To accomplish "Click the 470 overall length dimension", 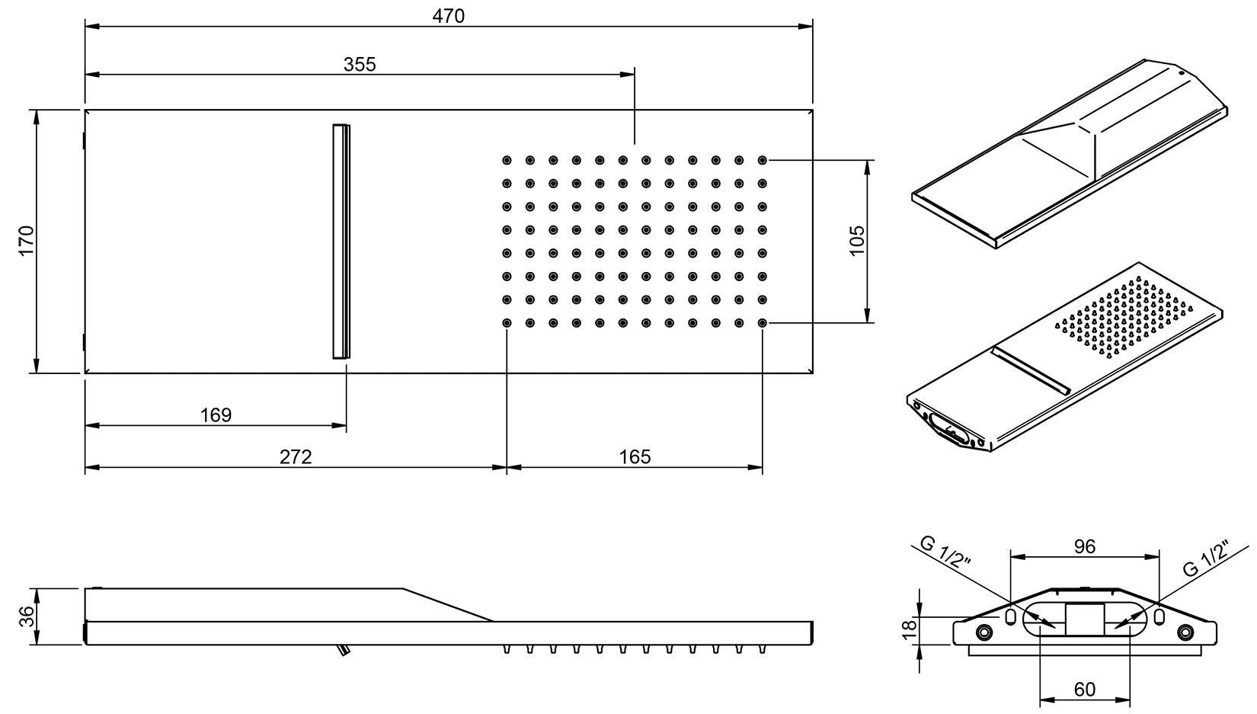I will pos(448,15).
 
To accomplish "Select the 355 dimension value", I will pos(360,64).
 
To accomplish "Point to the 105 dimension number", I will pos(857,241).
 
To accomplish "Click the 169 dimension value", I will pos(216,415).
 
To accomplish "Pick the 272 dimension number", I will pos(296,456).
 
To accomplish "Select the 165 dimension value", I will pos(635,456).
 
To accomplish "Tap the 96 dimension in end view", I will pos(1084,546).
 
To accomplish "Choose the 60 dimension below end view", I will pos(1084,690).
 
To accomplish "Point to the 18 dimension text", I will pos(908,629).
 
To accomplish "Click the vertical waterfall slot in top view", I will pos(342,241).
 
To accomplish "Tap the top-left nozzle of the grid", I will pos(507,160).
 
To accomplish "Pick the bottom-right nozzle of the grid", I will pos(763,323).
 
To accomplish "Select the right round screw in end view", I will pos(1185,632).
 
